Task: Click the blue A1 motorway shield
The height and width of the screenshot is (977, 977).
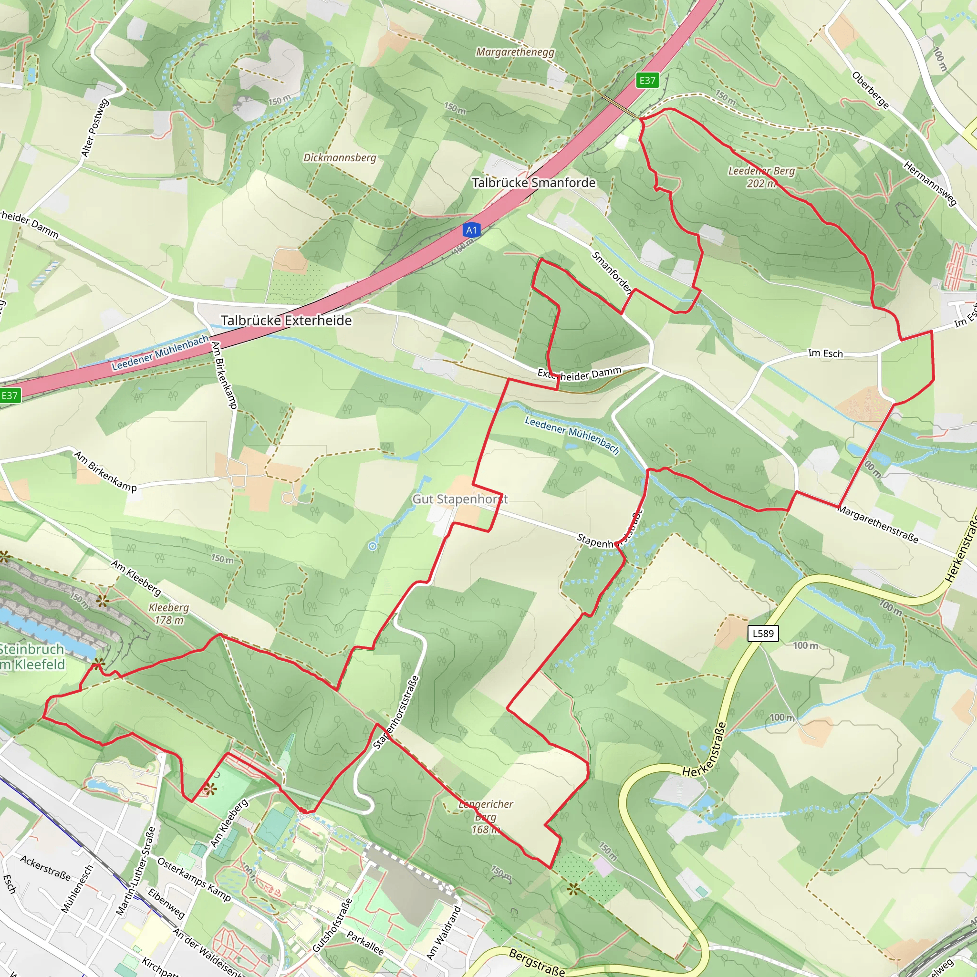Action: click(471, 230)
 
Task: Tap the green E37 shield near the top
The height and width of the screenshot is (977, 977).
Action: click(647, 81)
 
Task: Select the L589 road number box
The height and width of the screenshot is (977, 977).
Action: click(763, 633)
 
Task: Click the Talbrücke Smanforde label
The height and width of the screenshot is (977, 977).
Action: click(533, 183)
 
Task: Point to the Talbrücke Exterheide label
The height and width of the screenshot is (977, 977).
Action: click(286, 321)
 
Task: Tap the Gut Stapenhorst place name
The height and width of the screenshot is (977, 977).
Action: click(460, 499)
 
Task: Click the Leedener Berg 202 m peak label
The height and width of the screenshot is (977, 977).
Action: click(761, 177)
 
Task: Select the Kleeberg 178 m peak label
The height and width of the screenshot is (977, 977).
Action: click(169, 613)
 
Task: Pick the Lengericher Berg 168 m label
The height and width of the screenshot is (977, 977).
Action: click(486, 817)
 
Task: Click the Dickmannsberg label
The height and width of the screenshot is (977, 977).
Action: click(340, 158)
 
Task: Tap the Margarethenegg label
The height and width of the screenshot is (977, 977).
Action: click(515, 52)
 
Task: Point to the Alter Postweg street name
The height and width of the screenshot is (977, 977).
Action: click(94, 128)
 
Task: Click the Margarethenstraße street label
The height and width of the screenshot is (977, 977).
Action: click(877, 524)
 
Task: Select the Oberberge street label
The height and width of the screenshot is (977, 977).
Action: click(870, 90)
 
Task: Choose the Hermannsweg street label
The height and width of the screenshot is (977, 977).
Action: click(930, 184)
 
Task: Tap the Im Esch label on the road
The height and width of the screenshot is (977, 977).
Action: click(825, 353)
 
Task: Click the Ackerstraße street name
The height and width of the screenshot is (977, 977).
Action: click(45, 868)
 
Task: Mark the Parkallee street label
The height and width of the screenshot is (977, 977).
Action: click(365, 943)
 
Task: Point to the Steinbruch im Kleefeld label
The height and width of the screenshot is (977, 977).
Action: click(32, 656)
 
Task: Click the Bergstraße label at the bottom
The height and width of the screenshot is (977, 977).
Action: click(537, 962)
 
